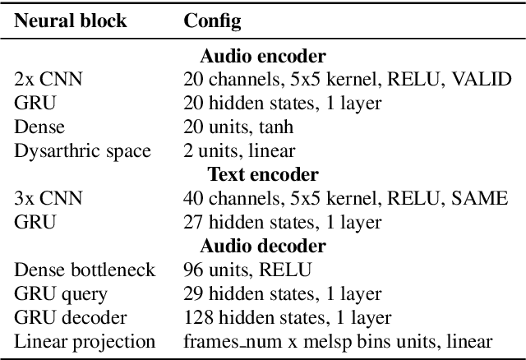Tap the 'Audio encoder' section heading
[262, 57]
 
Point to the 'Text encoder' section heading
[262, 174]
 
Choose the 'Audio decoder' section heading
[262, 246]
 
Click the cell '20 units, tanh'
[238, 127]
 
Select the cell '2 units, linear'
[239, 151]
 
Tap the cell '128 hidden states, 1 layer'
[287, 317]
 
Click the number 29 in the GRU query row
[192, 293]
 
